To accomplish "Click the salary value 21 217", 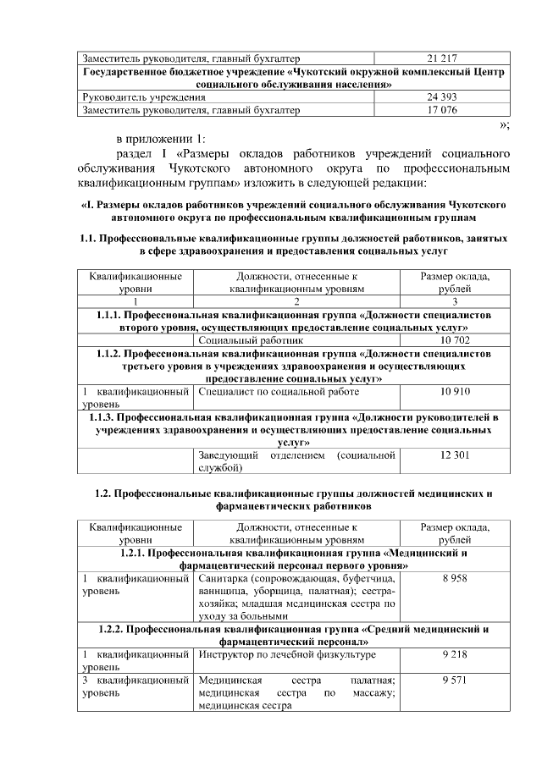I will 443,58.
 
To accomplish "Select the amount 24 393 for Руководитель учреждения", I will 443,98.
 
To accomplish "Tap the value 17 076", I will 443,110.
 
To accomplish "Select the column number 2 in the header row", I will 296,301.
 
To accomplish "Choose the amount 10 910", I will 455,392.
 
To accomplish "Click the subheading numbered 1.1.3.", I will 292,429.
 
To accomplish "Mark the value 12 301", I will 455,455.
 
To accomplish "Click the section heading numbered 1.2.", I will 292,499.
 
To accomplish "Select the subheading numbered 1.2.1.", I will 292,559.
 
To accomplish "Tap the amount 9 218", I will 455,654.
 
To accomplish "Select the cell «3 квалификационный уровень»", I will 135,686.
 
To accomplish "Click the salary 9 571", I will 455,680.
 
